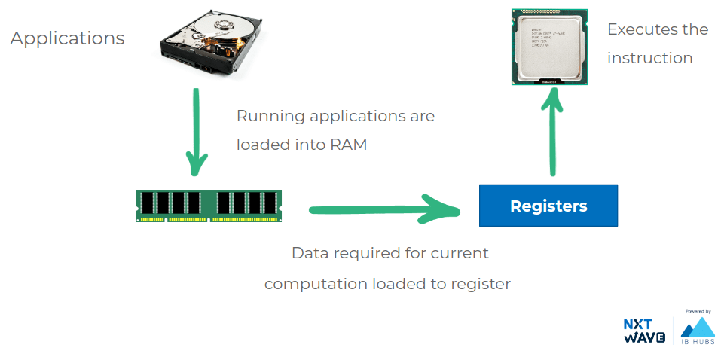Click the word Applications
[67, 38]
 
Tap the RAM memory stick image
[209, 206]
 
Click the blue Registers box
[548, 206]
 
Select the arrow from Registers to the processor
[554, 133]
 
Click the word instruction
[649, 58]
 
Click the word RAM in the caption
[348, 144]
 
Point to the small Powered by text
[698, 311]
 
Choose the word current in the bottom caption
[460, 252]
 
